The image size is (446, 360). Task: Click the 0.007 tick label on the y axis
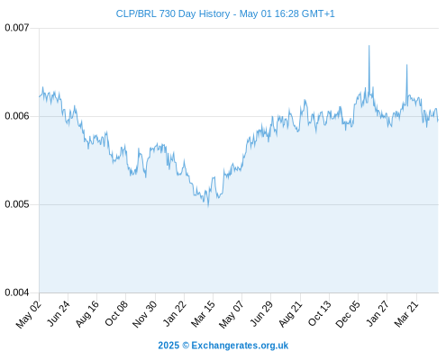pyautogui.click(x=17, y=28)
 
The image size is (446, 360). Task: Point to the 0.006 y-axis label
pyautogui.click(x=17, y=116)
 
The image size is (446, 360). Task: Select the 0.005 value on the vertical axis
pyautogui.click(x=17, y=204)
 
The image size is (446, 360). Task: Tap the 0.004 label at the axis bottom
pyautogui.click(x=17, y=292)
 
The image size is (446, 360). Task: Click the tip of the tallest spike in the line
pyautogui.click(x=369, y=46)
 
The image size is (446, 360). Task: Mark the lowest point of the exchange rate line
pyautogui.click(x=208, y=206)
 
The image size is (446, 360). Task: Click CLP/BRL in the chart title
pyautogui.click(x=136, y=13)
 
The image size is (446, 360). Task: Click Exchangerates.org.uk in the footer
pyautogui.click(x=240, y=346)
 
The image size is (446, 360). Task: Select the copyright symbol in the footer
pyautogui.click(x=186, y=346)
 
